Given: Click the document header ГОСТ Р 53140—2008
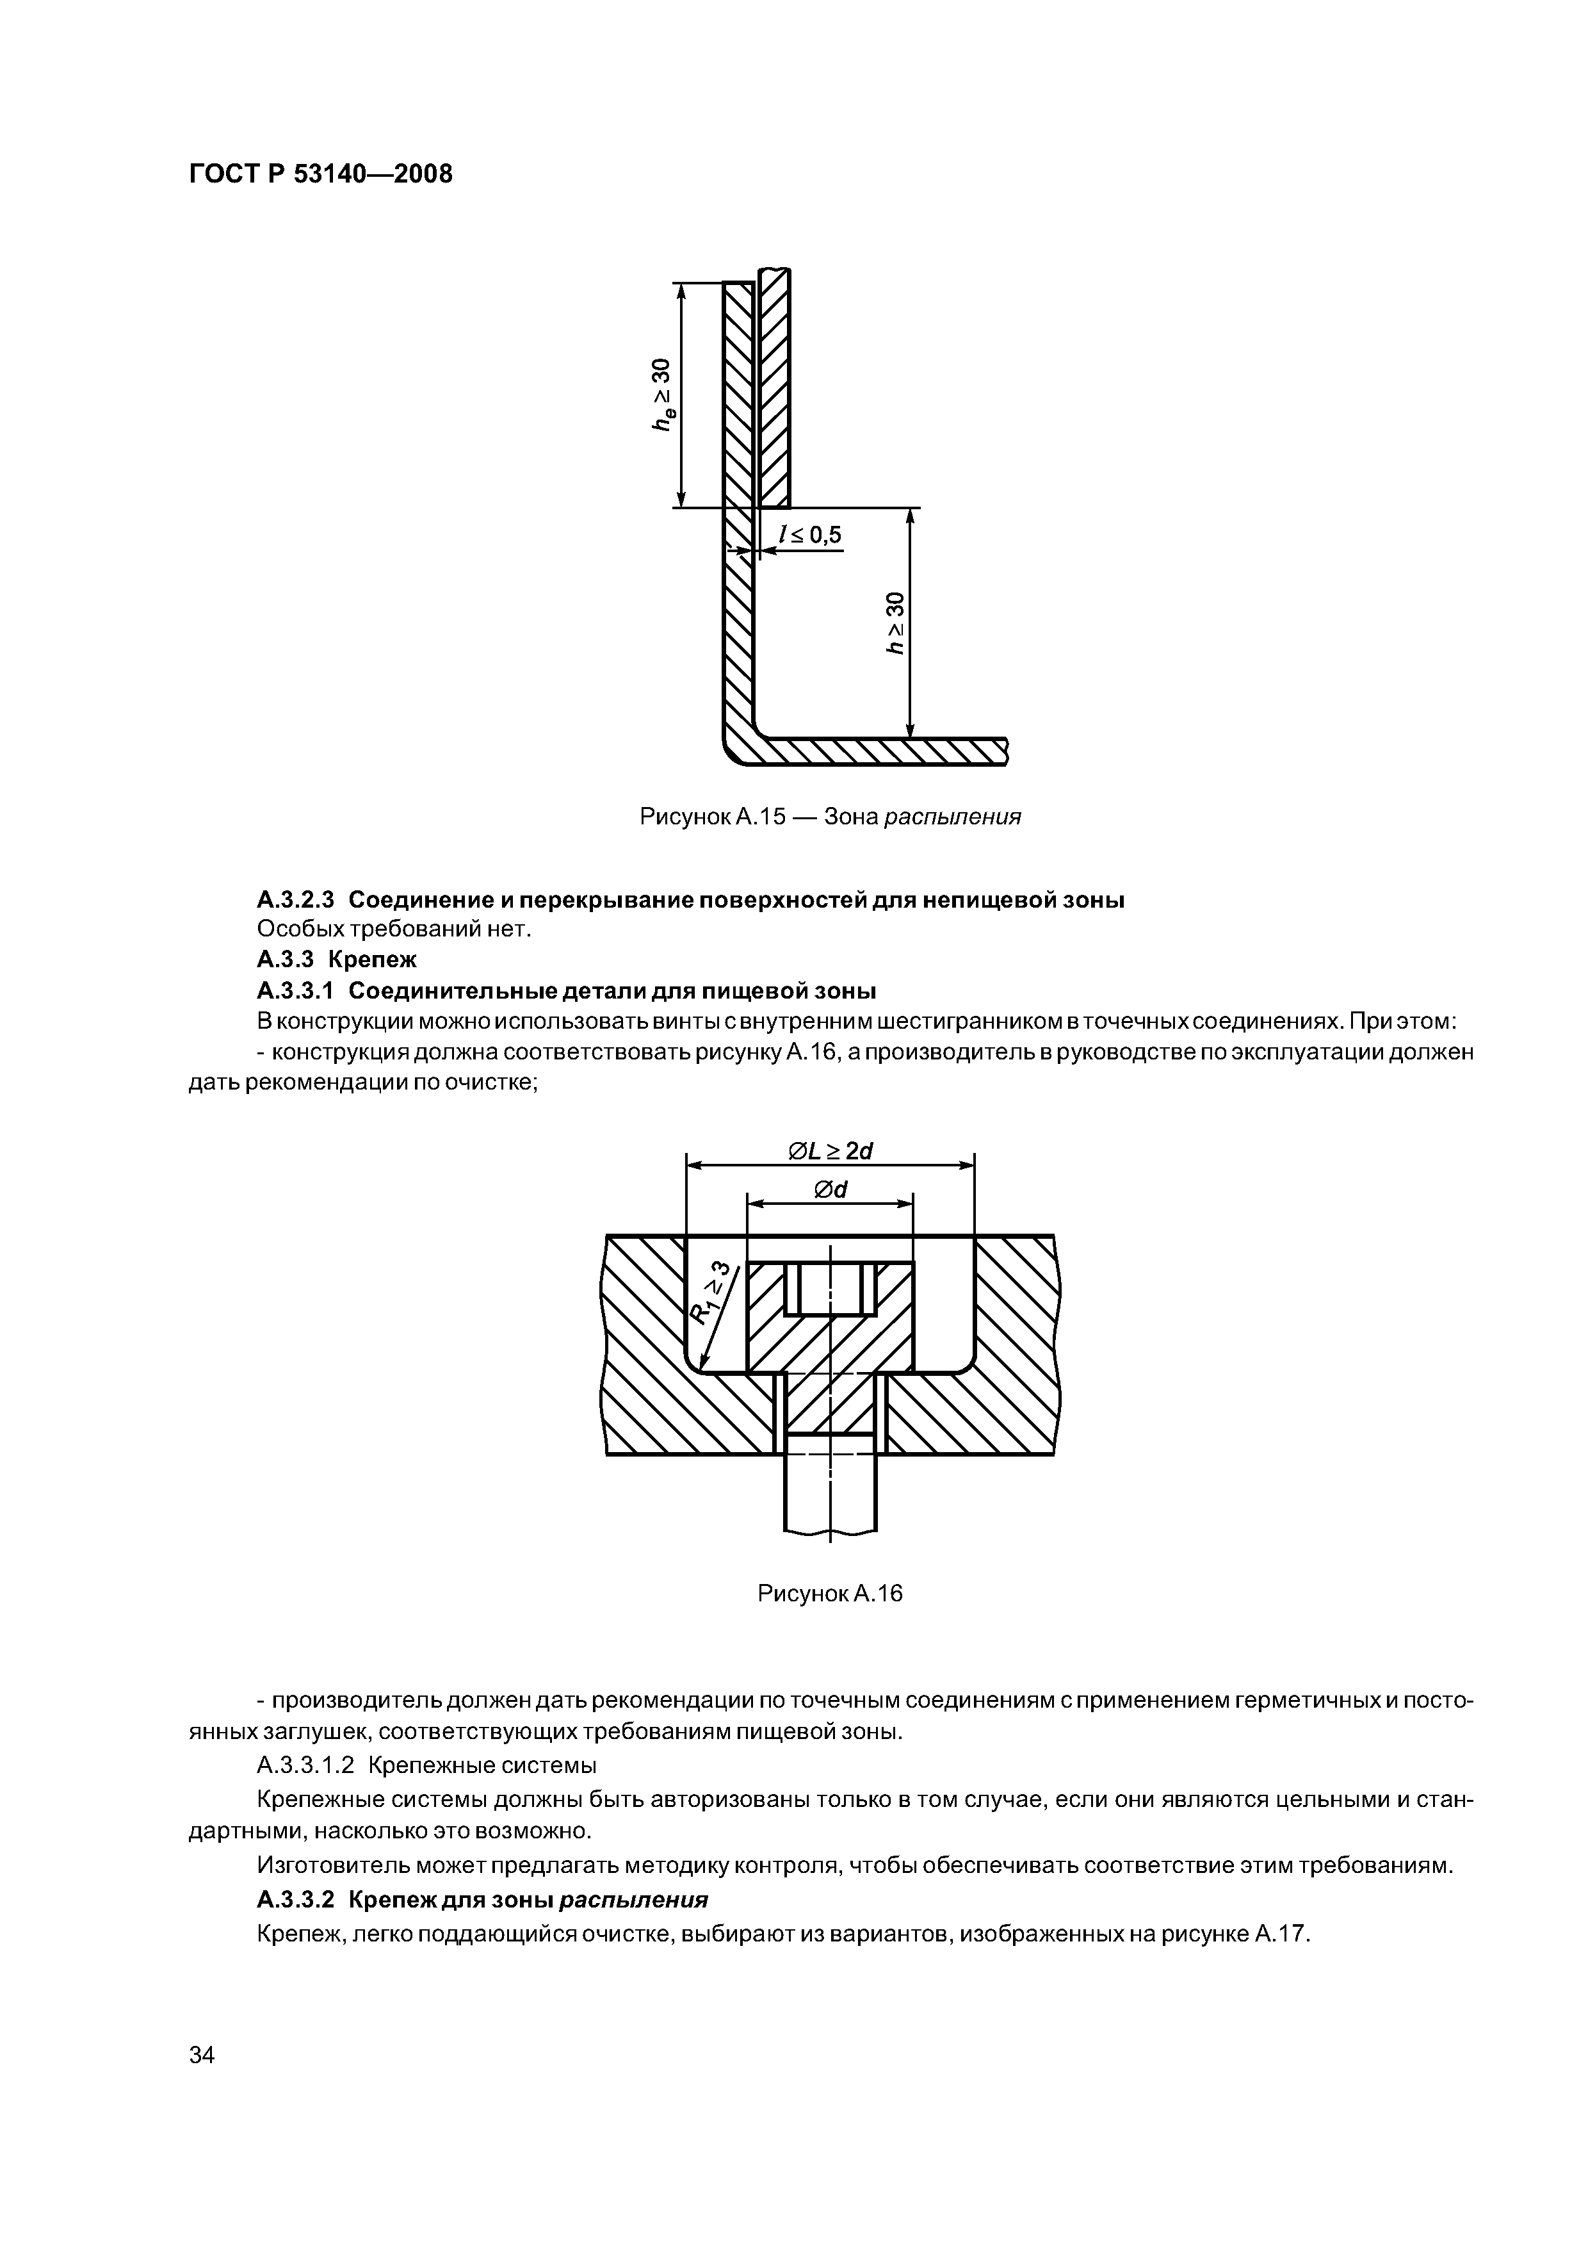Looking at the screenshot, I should pos(320,175).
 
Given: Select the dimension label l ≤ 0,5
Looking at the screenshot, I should pos(810,534).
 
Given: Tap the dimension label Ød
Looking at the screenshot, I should pos(830,1189).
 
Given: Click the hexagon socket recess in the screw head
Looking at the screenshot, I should pos(830,1288).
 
